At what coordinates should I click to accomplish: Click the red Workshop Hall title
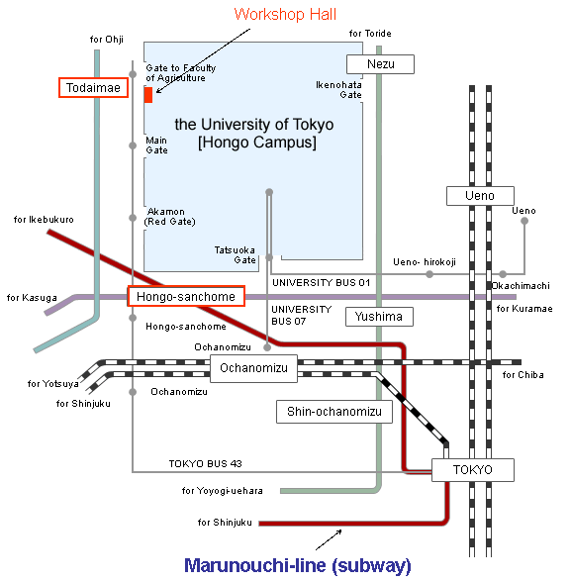(x=285, y=15)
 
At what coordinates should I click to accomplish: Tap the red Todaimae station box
(x=93, y=87)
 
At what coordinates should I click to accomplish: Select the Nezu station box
(x=380, y=64)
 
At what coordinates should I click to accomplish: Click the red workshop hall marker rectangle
(x=148, y=95)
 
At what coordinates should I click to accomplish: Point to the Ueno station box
(x=480, y=196)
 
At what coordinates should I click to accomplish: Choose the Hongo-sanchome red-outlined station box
(x=186, y=296)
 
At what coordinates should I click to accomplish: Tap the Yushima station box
(x=379, y=317)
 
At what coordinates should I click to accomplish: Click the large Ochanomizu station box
(x=253, y=368)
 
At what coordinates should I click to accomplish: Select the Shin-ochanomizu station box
(x=334, y=412)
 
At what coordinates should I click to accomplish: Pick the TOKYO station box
(x=473, y=470)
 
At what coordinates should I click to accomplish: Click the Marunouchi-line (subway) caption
(x=298, y=565)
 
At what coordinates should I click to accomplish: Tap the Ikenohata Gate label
(x=338, y=90)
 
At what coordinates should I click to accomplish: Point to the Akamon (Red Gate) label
(x=170, y=217)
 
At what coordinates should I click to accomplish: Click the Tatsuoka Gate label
(x=235, y=255)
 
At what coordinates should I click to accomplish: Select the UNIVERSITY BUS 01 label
(x=322, y=283)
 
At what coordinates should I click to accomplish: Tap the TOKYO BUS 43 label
(x=206, y=463)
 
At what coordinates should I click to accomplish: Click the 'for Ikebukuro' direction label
(x=44, y=220)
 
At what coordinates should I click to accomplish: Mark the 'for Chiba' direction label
(x=523, y=375)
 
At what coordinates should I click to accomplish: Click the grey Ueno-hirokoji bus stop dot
(x=429, y=274)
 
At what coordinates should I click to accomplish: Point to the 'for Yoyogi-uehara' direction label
(x=223, y=491)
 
